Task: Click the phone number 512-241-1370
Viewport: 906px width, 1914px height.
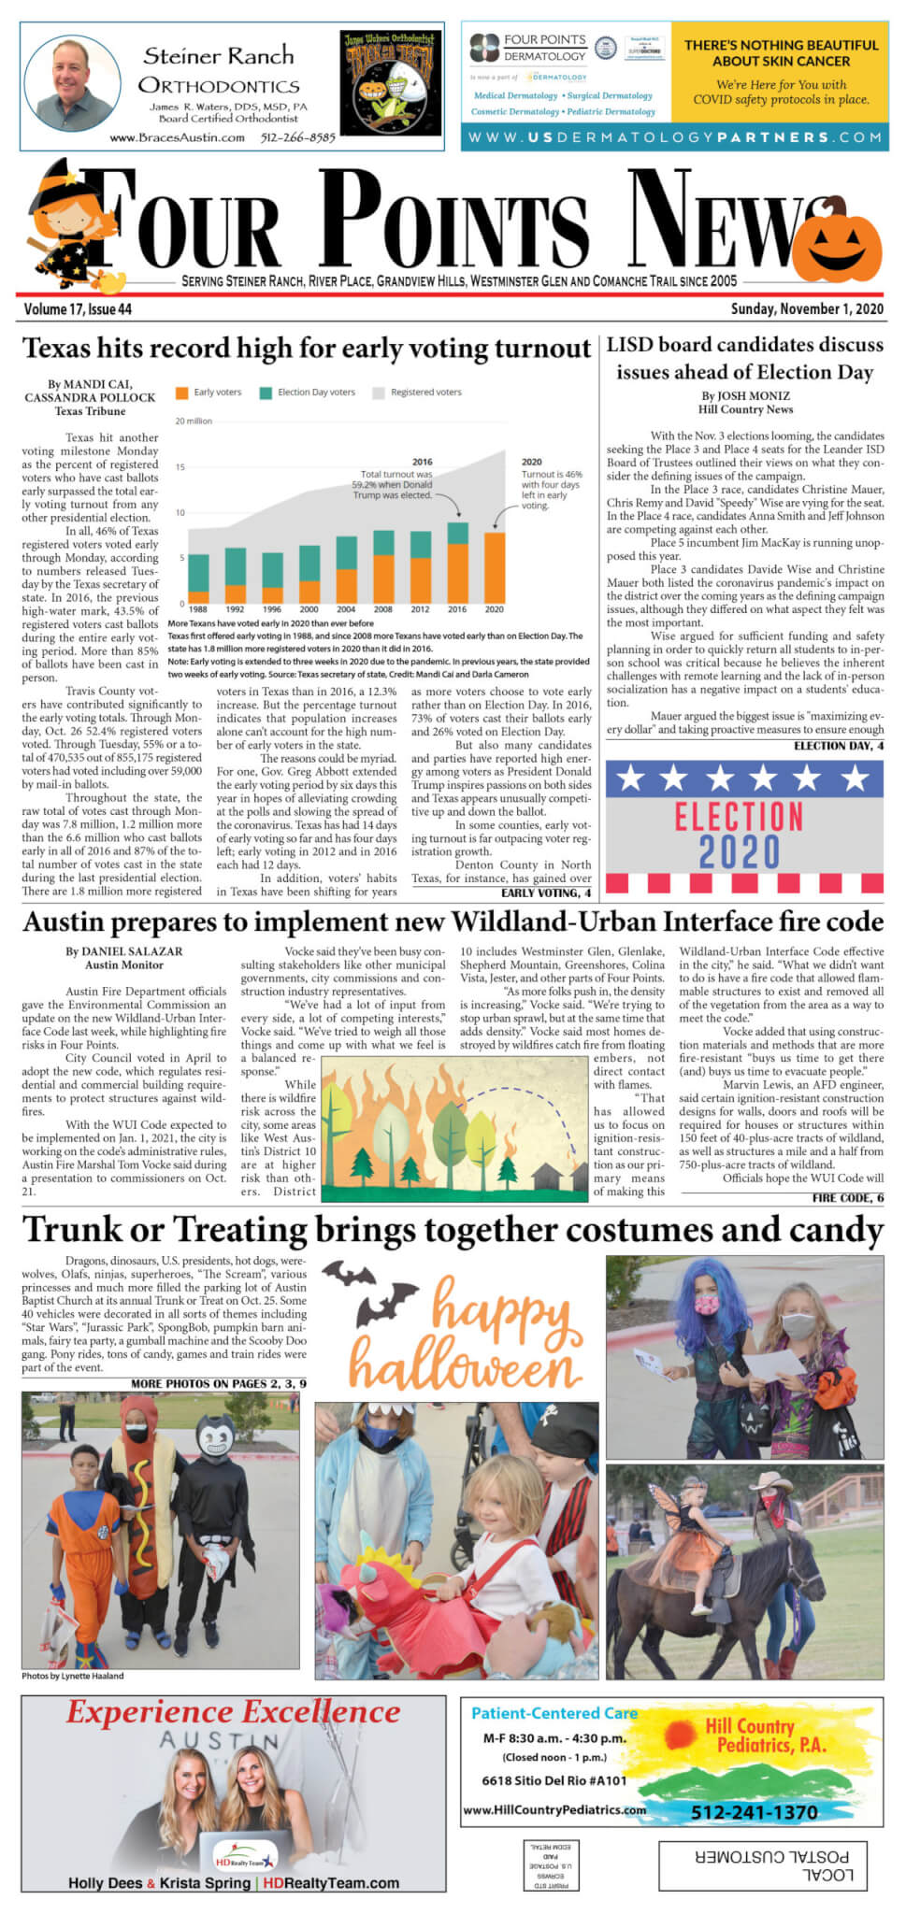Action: (x=754, y=1812)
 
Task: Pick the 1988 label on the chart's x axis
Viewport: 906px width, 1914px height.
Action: (x=198, y=609)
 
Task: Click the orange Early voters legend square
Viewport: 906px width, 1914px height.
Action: (x=181, y=393)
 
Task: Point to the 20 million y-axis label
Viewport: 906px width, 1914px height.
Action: (x=194, y=421)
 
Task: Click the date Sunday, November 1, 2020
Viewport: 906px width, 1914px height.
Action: (x=807, y=309)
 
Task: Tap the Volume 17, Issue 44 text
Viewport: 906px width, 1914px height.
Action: (x=78, y=309)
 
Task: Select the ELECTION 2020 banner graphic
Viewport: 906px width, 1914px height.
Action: (x=743, y=827)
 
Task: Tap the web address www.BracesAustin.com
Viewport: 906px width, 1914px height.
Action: (x=177, y=137)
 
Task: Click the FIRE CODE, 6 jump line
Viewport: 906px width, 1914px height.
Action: (x=847, y=1197)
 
